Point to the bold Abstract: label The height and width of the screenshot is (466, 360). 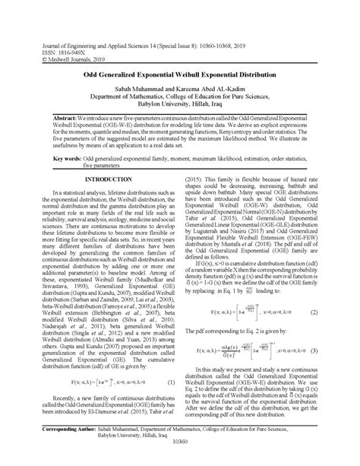point(49,121)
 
